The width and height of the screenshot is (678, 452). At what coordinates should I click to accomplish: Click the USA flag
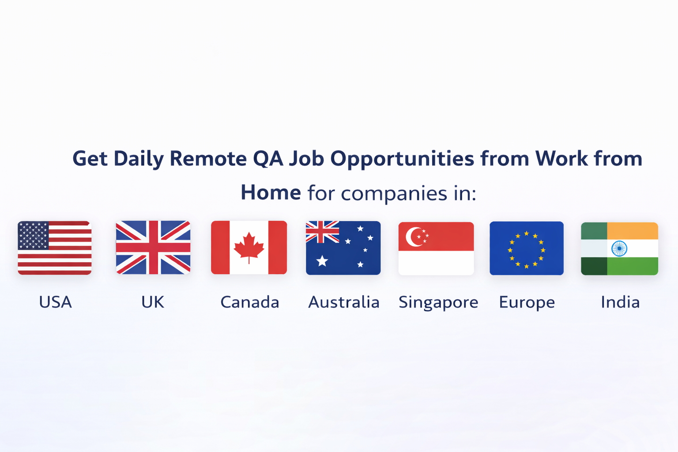[55, 248]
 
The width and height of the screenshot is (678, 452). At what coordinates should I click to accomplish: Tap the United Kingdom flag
[153, 248]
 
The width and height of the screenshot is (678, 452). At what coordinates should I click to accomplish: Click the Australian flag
[343, 248]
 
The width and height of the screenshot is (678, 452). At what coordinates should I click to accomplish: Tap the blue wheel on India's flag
[619, 249]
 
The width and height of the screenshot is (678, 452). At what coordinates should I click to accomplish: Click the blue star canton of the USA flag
[33, 236]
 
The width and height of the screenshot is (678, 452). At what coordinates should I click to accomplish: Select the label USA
[55, 302]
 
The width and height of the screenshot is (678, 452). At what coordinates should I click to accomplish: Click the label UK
[153, 302]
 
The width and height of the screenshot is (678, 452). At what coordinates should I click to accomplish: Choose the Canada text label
[250, 302]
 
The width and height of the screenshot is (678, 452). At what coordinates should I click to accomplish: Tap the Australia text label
[344, 302]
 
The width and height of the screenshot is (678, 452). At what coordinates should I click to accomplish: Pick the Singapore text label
[438, 303]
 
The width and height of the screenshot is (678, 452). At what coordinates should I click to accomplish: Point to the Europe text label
[527, 303]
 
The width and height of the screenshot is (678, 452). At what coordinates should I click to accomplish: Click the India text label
[620, 302]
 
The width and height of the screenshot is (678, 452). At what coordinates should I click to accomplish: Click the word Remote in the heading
[208, 158]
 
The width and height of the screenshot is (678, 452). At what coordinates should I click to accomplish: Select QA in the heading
[268, 158]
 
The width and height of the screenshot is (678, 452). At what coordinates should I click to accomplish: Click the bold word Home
[271, 192]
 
